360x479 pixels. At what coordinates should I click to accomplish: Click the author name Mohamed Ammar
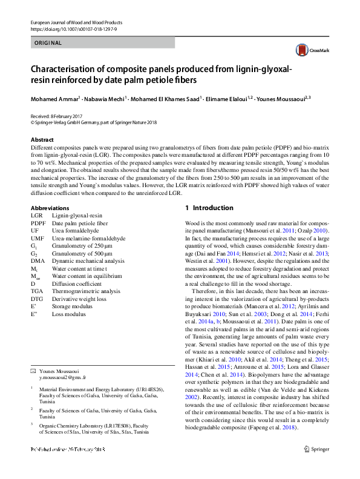click(56, 99)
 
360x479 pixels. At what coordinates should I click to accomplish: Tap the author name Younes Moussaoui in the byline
click(280, 99)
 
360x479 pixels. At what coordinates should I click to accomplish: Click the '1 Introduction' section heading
click(209, 208)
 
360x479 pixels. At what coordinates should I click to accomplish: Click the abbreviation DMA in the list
click(38, 260)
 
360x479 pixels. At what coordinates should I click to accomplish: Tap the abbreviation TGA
click(37, 291)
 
